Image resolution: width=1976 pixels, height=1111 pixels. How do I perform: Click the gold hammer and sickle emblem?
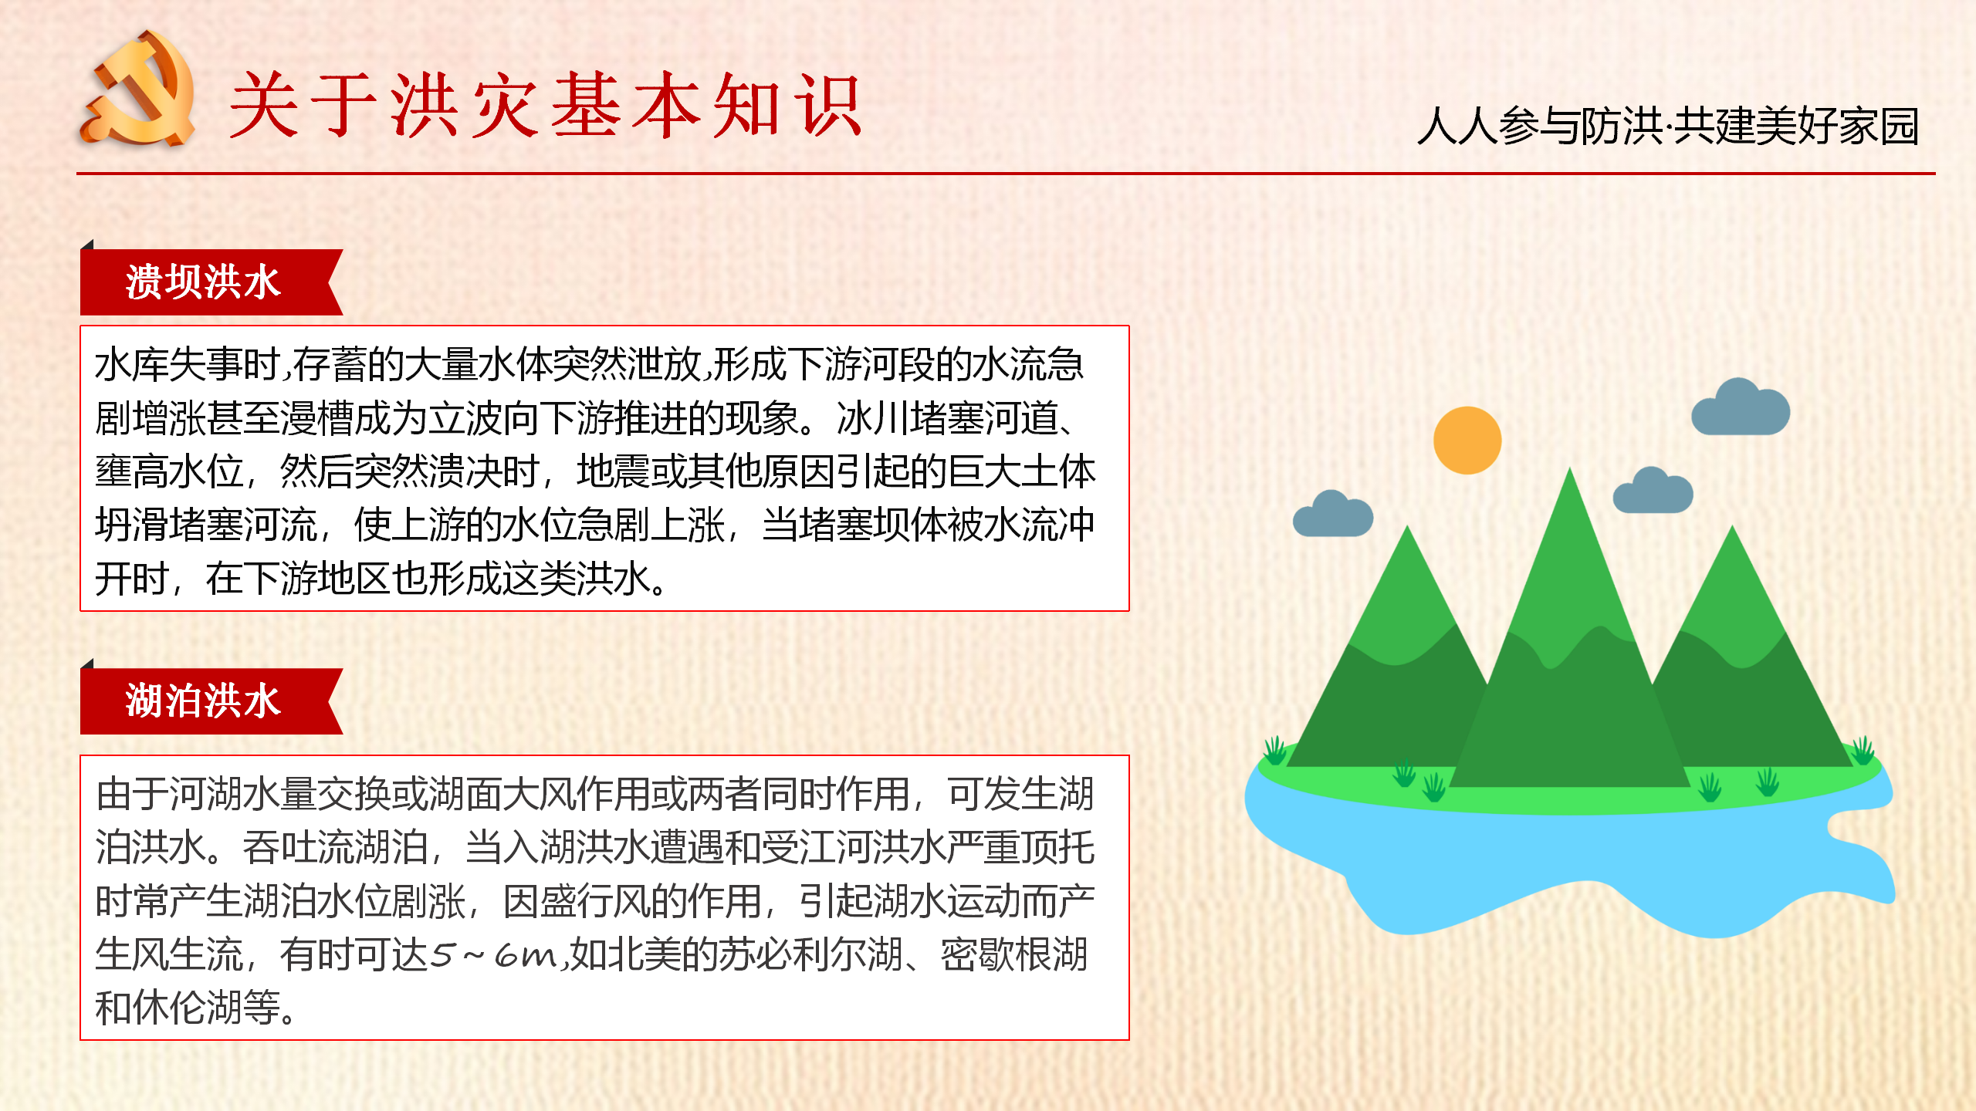point(137,88)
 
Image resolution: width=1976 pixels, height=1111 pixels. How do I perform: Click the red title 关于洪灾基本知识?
point(545,106)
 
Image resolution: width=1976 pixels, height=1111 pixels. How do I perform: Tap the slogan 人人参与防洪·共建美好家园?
point(1668,126)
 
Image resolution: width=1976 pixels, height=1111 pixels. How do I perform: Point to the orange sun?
point(1467,440)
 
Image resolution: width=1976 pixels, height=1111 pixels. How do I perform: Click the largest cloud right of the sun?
point(1740,407)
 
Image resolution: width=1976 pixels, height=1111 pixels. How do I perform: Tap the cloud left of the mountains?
point(1333,514)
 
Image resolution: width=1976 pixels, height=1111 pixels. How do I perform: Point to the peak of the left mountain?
point(1408,526)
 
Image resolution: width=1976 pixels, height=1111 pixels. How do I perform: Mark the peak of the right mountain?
point(1733,526)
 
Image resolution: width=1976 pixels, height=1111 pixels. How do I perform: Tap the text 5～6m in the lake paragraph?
point(493,955)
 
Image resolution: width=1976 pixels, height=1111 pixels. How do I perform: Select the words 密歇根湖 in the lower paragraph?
point(1014,955)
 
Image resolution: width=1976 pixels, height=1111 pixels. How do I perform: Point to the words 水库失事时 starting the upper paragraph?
point(187,364)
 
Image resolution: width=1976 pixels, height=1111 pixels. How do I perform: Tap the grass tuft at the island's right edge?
point(1863,750)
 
